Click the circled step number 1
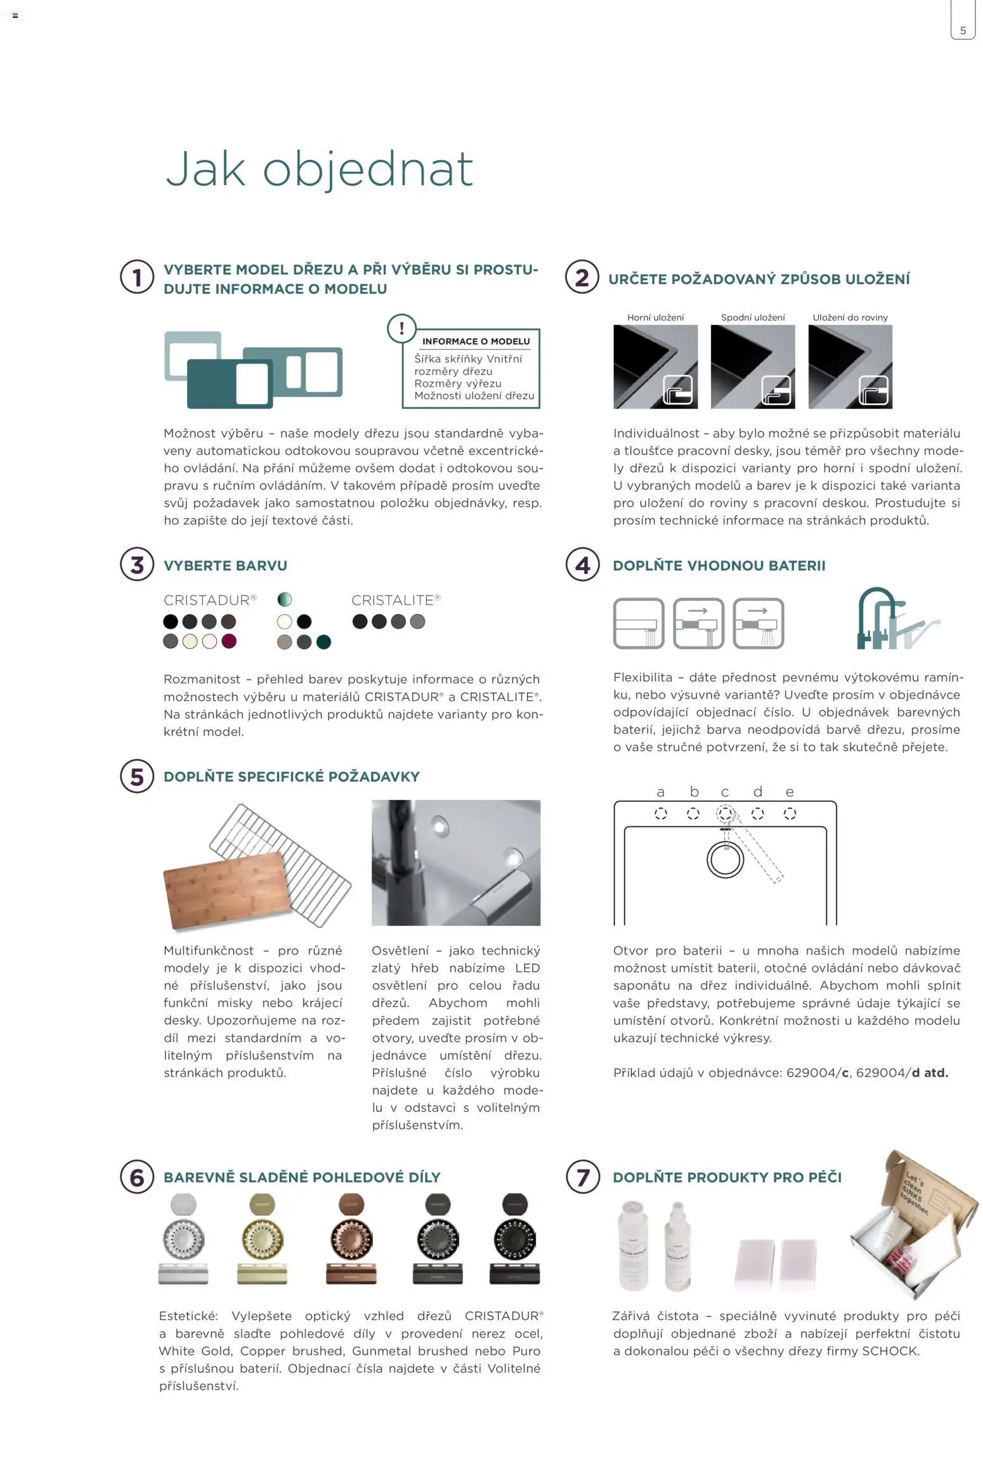[137, 277]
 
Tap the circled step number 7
[582, 1178]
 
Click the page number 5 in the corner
[963, 30]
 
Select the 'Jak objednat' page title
[319, 169]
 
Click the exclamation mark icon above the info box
[401, 329]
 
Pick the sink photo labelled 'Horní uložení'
[655, 367]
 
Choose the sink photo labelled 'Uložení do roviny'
[850, 367]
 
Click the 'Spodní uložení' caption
[753, 317]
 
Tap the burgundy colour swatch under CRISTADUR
[228, 641]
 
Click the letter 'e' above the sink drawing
[789, 792]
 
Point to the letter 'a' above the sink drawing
[660, 792]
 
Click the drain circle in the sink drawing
[724, 859]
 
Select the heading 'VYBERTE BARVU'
[225, 565]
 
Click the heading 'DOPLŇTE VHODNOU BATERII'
[719, 565]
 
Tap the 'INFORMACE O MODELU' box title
[476, 341]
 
